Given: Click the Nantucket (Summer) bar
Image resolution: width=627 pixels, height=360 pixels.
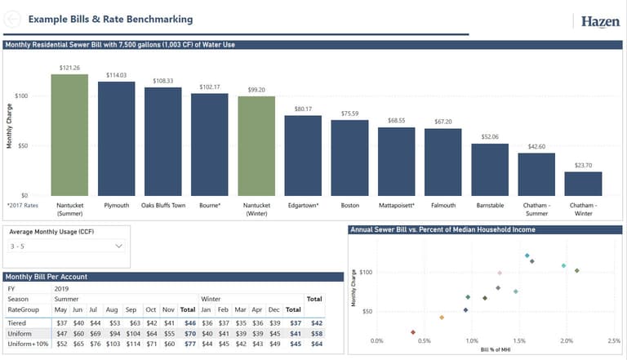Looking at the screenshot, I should point(69,135).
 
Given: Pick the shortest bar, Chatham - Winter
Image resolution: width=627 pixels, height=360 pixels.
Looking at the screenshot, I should point(583,183).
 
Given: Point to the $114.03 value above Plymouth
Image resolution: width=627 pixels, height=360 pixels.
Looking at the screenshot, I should point(116,75).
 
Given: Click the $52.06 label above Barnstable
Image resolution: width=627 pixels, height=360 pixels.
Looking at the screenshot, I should point(489,137).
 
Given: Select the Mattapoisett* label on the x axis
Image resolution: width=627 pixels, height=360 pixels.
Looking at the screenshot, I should point(397,205).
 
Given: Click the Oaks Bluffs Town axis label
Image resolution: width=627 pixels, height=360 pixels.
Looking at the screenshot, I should point(163,205).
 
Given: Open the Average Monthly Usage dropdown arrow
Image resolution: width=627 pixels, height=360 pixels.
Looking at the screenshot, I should point(119,246).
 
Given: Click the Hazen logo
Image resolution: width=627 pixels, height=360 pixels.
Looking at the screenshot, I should point(599,21).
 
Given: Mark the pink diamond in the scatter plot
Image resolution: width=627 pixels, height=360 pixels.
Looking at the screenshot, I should point(500,273).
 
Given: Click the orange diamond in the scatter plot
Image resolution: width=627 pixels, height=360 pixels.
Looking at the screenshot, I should point(442,318).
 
